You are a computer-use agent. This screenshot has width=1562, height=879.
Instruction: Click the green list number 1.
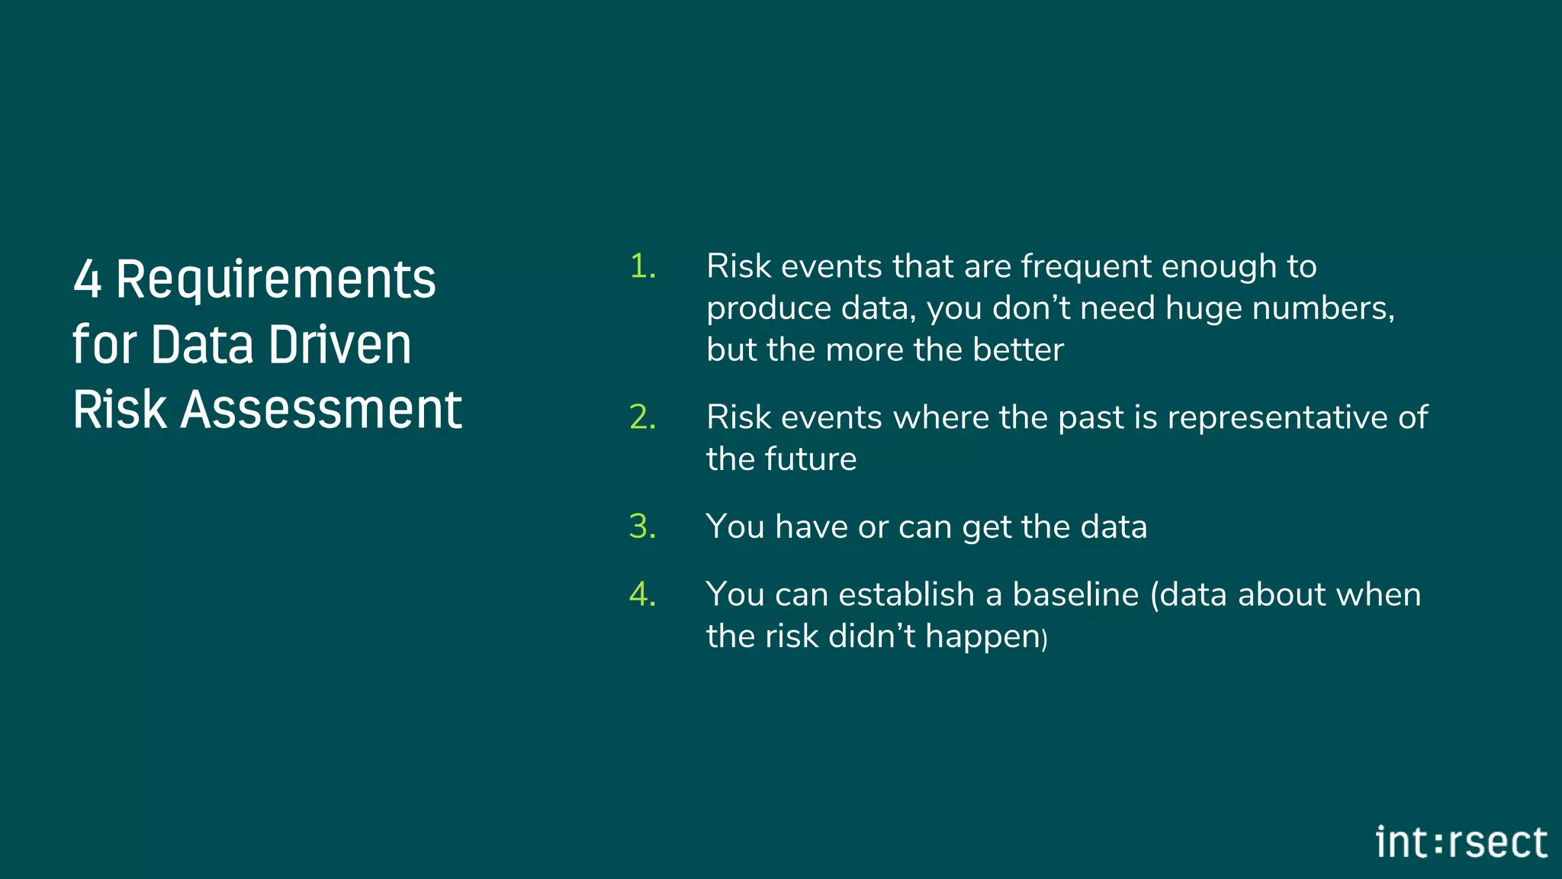coord(642,267)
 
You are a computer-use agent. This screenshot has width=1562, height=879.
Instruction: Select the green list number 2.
coord(642,418)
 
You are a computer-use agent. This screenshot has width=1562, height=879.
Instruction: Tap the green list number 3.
coord(642,527)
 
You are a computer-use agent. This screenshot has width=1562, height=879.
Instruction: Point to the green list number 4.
coord(642,595)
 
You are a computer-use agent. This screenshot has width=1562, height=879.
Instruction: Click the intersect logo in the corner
coord(1461,843)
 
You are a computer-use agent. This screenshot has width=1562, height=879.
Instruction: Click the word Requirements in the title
coord(276,279)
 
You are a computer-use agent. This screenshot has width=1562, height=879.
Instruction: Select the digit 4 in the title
coord(87,279)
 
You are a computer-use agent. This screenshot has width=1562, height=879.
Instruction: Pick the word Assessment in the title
coord(321,411)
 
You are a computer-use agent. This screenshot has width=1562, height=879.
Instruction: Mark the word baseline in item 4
coord(1075,595)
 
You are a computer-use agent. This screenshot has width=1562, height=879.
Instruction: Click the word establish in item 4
coord(905,595)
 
